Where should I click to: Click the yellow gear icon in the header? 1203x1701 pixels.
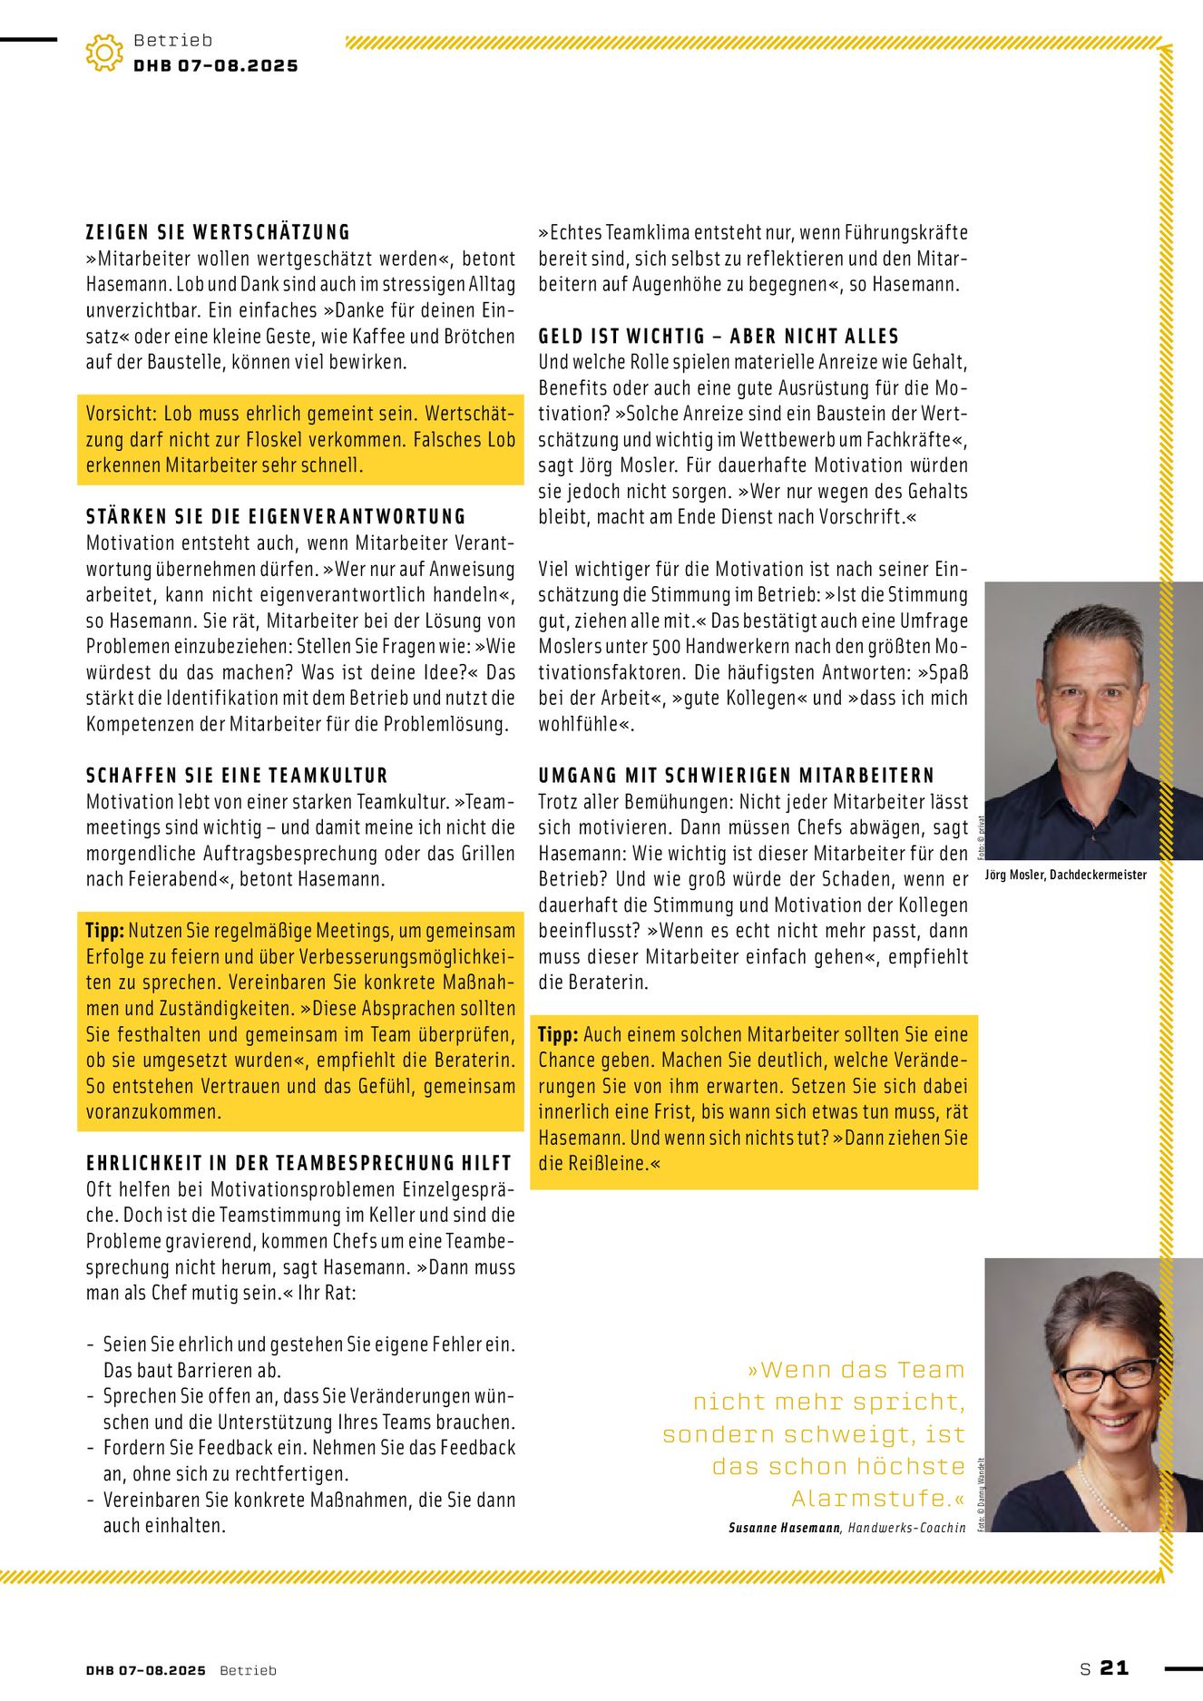click(104, 53)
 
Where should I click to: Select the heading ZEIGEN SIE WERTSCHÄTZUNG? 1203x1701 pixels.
click(218, 232)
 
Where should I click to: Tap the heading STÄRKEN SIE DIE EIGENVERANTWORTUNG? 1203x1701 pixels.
click(276, 517)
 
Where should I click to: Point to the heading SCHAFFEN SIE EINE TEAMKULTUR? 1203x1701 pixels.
click(237, 776)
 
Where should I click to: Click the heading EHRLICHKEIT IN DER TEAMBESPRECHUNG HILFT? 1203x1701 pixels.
click(298, 1163)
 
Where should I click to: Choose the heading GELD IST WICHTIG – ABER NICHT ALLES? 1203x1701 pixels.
click(719, 337)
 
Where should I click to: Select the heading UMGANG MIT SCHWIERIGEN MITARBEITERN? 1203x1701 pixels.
click(736, 776)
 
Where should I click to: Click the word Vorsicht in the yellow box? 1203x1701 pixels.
click(122, 414)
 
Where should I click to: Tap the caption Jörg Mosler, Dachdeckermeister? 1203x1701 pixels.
click(1065, 875)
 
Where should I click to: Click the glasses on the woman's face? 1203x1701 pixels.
click(1107, 1375)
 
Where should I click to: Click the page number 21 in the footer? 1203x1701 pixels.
click(1113, 1667)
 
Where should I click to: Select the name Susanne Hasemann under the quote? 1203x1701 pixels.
click(784, 1528)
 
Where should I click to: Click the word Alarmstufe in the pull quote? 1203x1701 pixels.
click(869, 1498)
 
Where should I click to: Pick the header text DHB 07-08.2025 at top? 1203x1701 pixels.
click(216, 65)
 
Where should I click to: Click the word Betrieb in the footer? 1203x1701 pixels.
click(248, 1670)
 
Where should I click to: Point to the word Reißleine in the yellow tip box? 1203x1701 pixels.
click(605, 1163)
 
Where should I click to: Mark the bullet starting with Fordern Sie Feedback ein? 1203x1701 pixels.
click(308, 1448)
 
